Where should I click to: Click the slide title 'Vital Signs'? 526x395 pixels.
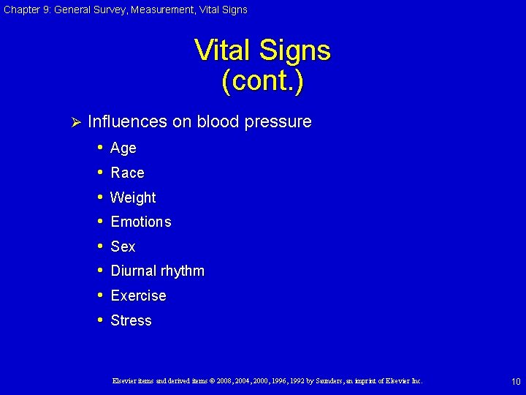pos(262,51)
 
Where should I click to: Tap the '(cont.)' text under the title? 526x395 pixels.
pos(262,80)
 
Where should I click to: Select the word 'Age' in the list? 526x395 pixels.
pos(123,148)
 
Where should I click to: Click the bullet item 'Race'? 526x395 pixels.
pos(127,173)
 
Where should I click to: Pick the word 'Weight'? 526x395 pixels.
pos(133,197)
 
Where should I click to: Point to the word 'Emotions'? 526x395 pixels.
pos(140,222)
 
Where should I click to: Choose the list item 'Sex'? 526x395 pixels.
pos(123,247)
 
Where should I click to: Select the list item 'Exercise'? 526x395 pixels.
pos(138,296)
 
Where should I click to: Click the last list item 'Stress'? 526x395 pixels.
pos(131,320)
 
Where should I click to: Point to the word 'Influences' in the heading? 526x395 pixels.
pos(127,121)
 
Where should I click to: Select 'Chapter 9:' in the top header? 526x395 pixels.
pos(26,10)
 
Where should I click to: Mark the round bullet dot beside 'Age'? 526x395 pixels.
pos(100,148)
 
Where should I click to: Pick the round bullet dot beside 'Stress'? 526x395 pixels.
pos(100,320)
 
